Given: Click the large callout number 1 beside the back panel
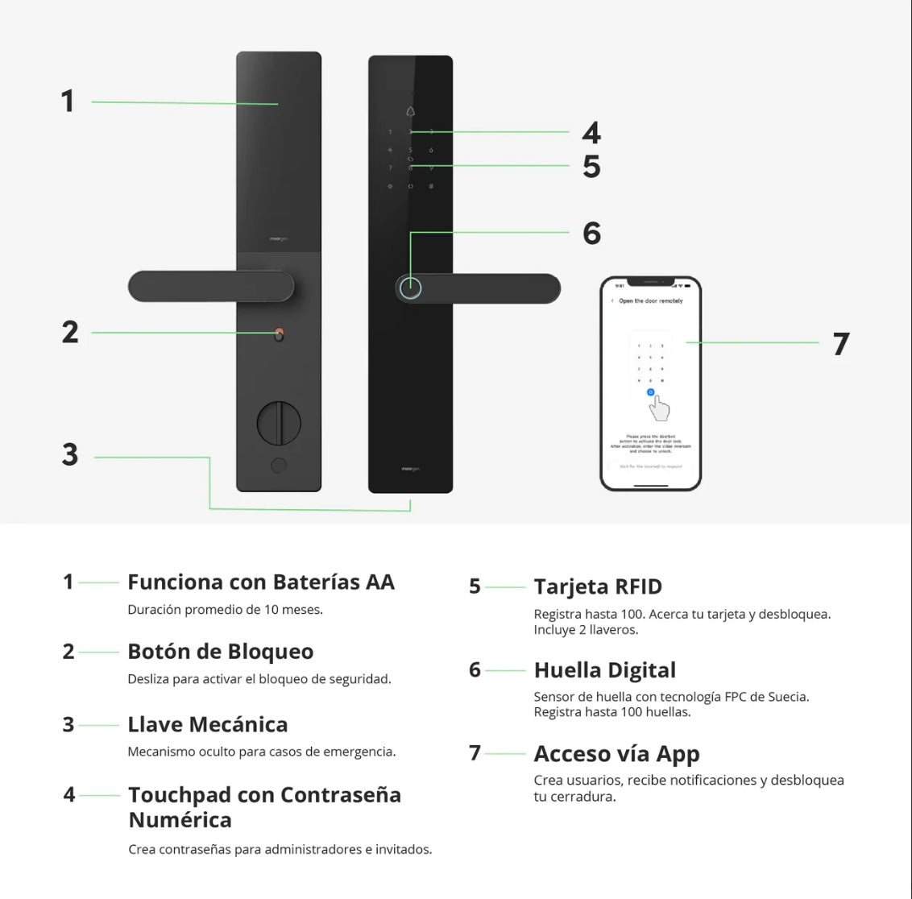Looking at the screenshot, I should (68, 101).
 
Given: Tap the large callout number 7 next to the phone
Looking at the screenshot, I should (841, 344).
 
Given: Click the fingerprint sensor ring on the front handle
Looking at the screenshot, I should (411, 288).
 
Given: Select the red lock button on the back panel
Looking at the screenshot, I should (279, 333).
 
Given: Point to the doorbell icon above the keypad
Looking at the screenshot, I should (410, 111).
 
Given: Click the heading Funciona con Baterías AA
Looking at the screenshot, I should (260, 582).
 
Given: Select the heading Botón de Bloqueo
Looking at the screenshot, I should (220, 651).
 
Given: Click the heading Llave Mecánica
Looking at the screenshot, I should (207, 724).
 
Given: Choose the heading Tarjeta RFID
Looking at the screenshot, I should (597, 586).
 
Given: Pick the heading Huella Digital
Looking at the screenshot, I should (604, 669).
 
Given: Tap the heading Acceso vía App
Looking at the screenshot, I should (616, 753).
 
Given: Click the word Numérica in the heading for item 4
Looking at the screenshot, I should (180, 820).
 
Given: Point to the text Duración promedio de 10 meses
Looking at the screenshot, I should (225, 610).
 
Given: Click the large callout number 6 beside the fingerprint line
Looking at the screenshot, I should (591, 234).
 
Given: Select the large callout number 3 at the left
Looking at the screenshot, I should (70, 455).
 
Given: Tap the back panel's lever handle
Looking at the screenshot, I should (211, 287).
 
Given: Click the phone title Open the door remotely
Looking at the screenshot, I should (650, 301).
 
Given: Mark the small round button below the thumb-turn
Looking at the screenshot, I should (279, 466).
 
